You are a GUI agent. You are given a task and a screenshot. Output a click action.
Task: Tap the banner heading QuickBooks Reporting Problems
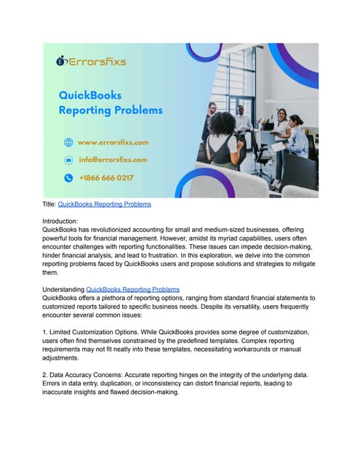click(111, 103)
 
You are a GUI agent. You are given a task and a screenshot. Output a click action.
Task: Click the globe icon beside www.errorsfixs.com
click(68, 142)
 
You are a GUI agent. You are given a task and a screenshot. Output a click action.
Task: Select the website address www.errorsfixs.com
click(113, 142)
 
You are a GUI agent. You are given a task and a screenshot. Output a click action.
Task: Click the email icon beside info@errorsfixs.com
click(68, 160)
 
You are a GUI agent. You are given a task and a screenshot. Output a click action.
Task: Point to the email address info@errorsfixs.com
click(113, 160)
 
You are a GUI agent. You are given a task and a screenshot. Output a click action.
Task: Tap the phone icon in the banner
click(68, 177)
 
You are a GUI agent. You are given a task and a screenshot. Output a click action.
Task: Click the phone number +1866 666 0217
click(106, 177)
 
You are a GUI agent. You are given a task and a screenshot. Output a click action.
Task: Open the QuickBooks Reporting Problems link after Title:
click(104, 204)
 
